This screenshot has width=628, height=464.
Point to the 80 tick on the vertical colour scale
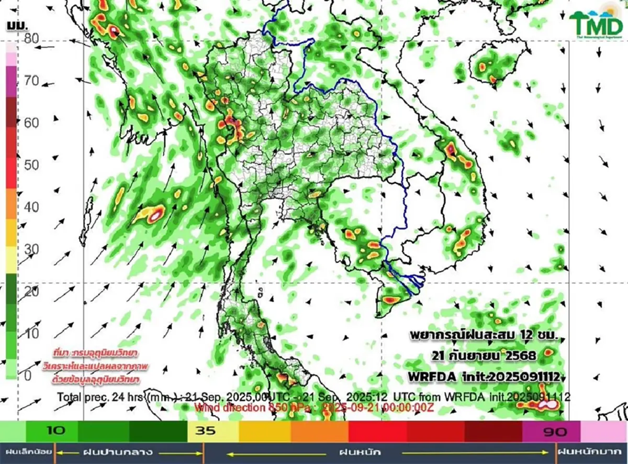coord(31,38)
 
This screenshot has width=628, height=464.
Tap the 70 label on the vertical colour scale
coord(31,81)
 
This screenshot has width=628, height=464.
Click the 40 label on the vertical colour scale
coord(31,207)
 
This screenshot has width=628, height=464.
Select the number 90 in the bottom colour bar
coord(553,431)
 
